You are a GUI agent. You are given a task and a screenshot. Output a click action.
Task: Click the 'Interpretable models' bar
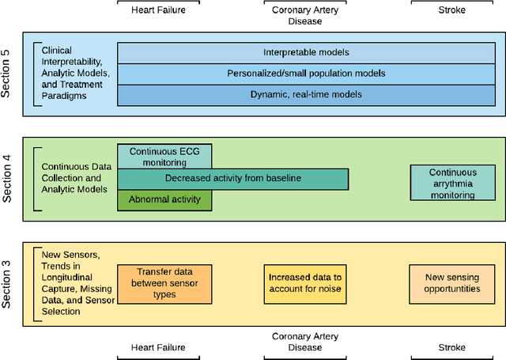(306, 52)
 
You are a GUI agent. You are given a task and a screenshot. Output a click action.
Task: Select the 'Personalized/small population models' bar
(306, 73)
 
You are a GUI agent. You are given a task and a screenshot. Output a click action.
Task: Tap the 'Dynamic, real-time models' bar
(306, 94)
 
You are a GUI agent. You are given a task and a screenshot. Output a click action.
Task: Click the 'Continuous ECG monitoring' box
(164, 155)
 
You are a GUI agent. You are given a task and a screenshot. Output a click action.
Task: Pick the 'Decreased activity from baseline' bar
(232, 179)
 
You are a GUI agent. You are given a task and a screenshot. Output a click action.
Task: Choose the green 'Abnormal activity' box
(164, 200)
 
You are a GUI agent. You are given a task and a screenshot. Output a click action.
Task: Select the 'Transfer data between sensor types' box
(164, 283)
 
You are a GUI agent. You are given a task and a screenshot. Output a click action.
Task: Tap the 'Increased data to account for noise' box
(304, 283)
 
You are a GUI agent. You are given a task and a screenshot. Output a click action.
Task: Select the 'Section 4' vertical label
(7, 179)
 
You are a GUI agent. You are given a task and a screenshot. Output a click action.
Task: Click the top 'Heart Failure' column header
(164, 10)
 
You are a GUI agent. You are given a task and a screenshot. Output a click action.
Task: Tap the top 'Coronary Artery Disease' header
(304, 15)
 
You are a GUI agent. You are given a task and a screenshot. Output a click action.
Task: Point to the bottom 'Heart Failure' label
(164, 347)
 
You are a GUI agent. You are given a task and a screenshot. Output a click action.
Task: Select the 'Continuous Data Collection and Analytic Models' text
(75, 178)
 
